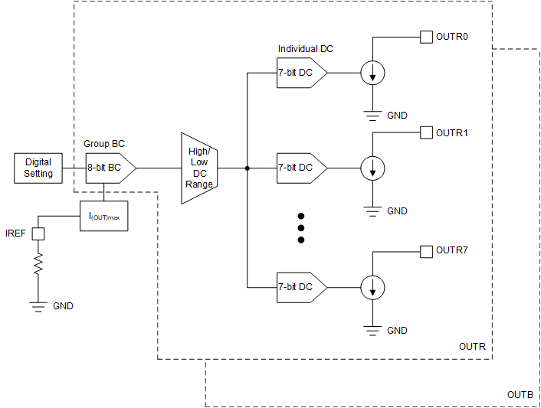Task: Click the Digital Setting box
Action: pos(38,168)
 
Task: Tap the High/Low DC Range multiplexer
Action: pos(198,168)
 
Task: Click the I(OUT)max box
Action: pos(104,217)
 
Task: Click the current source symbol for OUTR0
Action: pos(372,73)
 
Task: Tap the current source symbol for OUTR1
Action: pos(372,168)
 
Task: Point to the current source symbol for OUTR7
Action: pos(372,287)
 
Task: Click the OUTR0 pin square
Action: pos(426,37)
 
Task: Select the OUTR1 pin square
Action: pos(426,132)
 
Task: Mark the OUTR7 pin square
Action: pos(426,251)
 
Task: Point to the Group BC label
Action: pos(103,144)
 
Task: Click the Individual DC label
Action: pos(305,49)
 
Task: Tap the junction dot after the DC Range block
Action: pos(247,168)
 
